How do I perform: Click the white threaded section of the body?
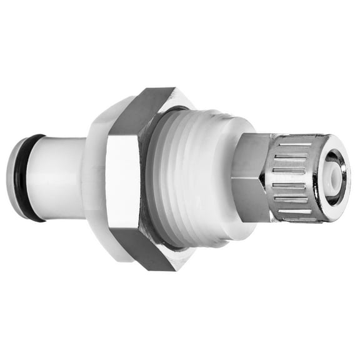coord(200,181)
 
